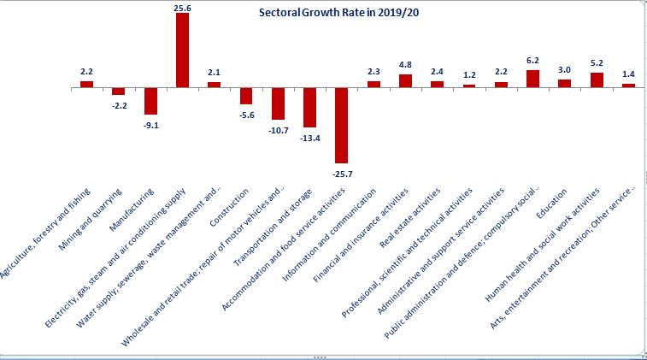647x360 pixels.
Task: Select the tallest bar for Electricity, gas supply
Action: (x=182, y=50)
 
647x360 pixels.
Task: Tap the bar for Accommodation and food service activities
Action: (x=342, y=125)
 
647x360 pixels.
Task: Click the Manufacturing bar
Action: (x=150, y=101)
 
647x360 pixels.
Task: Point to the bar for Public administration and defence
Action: (x=532, y=79)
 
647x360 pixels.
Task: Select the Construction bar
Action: (x=246, y=96)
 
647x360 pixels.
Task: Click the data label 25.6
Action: (x=182, y=6)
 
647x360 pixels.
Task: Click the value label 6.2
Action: (x=532, y=62)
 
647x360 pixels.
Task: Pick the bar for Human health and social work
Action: (x=597, y=80)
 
